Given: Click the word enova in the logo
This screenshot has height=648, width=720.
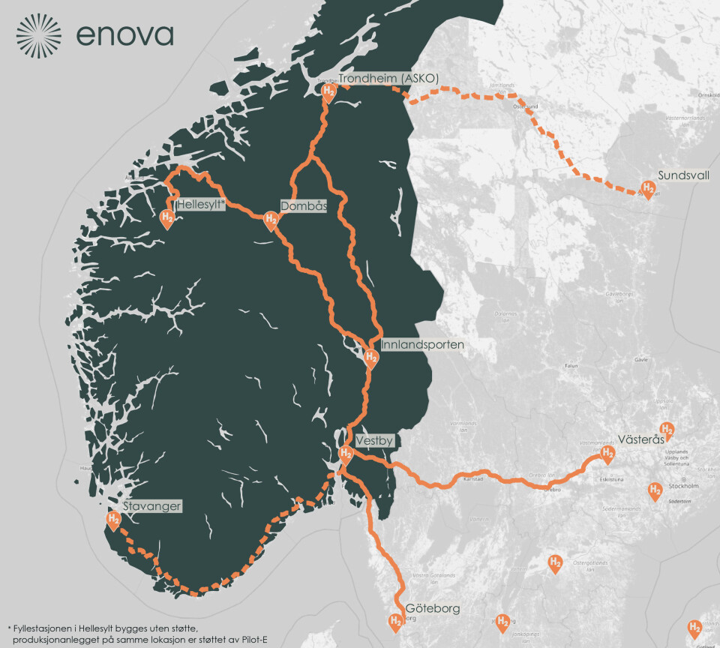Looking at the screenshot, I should (x=124, y=35).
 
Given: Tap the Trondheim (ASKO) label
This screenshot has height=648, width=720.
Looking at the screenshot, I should (x=388, y=78).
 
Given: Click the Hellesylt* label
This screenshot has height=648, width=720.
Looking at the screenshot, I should (x=200, y=204).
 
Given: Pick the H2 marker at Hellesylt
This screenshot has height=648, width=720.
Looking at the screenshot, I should (x=167, y=218).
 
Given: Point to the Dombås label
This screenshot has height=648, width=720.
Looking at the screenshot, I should (x=304, y=205).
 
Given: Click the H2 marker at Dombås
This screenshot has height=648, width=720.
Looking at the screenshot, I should (x=271, y=220).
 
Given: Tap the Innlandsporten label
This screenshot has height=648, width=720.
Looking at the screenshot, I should (x=422, y=345).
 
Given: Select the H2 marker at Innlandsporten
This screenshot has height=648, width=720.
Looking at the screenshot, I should (x=370, y=358).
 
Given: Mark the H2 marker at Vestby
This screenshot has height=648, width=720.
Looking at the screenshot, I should (x=346, y=454).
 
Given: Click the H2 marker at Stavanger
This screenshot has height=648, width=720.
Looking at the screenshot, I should (x=113, y=519).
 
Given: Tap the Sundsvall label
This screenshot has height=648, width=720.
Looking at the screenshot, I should (x=684, y=175).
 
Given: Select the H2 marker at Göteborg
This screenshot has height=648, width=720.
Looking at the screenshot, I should (x=394, y=621).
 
